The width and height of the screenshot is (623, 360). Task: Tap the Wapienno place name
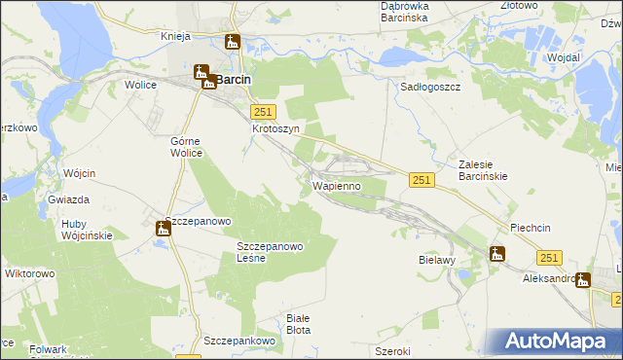click(337, 185)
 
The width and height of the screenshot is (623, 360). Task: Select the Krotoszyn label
click(275, 128)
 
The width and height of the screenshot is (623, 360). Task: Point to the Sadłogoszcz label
click(430, 86)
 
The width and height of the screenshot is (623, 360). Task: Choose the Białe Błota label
click(299, 324)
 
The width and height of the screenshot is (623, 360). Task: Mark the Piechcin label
click(531, 228)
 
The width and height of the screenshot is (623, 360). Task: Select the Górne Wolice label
click(186, 146)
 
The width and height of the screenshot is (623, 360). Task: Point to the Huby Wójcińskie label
click(87, 229)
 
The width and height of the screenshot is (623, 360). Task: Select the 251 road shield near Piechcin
click(550, 257)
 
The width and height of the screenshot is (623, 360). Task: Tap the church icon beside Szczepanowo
click(164, 229)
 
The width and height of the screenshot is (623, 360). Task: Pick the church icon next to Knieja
click(232, 42)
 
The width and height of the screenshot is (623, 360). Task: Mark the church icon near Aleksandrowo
click(583, 280)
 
